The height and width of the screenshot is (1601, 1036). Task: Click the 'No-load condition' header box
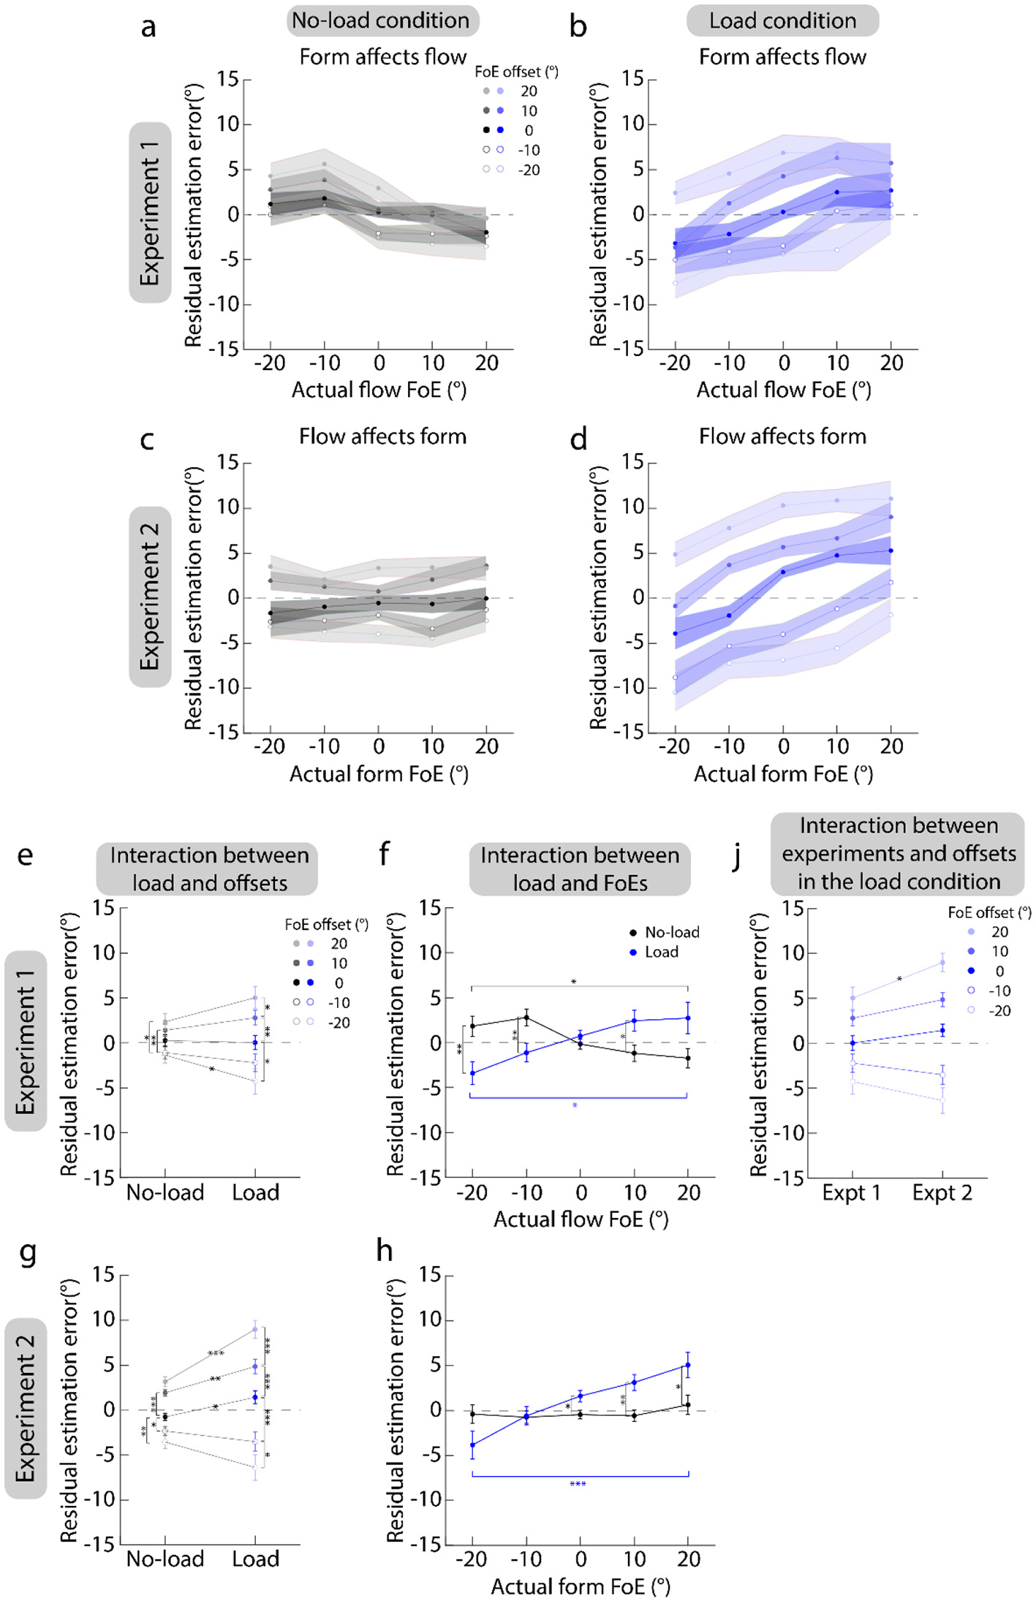[x=381, y=20]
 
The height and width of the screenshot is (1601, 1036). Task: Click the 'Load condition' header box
[x=782, y=20]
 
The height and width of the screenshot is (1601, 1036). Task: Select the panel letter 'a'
[x=148, y=28]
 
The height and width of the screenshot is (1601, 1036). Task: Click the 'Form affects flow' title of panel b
[x=782, y=57]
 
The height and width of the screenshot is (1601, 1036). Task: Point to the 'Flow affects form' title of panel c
[x=382, y=436]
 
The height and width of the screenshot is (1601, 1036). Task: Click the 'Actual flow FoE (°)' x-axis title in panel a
[x=379, y=390]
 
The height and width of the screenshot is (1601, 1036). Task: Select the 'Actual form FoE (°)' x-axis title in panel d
[x=782, y=774]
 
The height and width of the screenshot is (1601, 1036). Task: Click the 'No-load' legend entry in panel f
[x=671, y=932]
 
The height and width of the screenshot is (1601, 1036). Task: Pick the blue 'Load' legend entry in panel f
[x=661, y=952]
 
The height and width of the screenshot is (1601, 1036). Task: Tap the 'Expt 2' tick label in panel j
[x=942, y=1193]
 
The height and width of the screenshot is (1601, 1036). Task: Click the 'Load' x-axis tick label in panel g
[x=255, y=1559]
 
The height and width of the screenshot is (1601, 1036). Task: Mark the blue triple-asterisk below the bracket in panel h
[x=578, y=1484]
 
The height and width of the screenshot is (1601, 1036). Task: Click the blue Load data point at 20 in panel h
[x=688, y=1365]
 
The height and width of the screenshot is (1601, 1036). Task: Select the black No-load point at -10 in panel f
[x=526, y=1017]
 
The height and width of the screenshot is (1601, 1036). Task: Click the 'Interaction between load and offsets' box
[x=208, y=868]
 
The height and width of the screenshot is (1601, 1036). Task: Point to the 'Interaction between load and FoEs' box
[x=579, y=868]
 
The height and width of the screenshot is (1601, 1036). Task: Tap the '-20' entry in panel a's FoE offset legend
[x=529, y=170]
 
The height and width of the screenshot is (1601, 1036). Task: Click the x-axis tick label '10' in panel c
[x=433, y=746]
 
